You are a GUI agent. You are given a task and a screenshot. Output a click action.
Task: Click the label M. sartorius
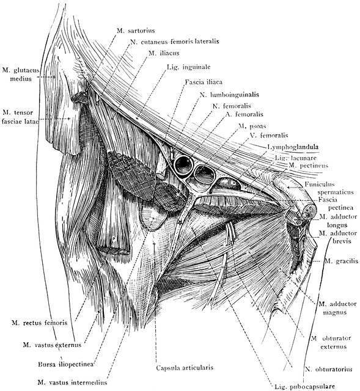136,31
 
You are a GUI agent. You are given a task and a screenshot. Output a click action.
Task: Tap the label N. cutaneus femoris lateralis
175,42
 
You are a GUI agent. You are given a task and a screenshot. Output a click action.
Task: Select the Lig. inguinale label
189,67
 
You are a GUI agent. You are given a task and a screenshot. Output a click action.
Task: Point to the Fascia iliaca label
204,82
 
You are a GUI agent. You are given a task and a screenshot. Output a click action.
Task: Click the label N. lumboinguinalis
229,95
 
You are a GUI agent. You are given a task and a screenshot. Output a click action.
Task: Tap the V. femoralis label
269,136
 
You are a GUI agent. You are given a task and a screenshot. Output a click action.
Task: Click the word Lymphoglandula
293,147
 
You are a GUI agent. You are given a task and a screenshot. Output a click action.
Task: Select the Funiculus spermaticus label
329,188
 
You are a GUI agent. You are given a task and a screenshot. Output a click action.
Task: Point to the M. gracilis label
341,261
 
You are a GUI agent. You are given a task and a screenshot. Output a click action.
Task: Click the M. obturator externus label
331,342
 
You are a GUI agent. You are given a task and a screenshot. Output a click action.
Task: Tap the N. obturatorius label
329,369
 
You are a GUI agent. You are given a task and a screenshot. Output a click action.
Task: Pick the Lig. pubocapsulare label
304,387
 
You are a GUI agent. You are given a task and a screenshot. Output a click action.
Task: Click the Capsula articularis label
185,368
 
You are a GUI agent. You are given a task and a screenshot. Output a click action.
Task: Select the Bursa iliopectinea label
66,364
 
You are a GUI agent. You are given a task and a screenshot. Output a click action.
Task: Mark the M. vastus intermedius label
72,382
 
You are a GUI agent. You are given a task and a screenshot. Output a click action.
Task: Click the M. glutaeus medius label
21,75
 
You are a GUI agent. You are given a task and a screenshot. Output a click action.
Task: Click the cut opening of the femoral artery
184,164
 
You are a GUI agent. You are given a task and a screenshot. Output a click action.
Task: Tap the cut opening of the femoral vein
204,175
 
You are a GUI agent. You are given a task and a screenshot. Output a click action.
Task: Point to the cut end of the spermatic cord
309,212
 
